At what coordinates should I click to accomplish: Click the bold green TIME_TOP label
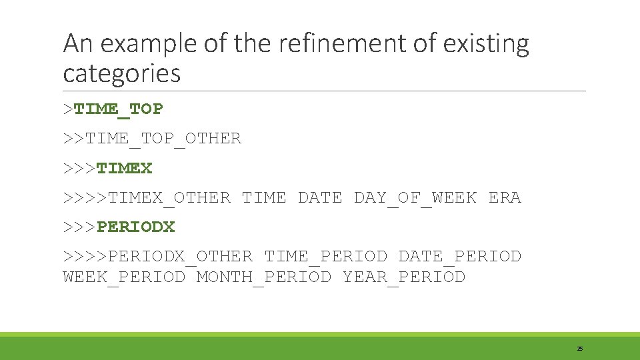pos(119,109)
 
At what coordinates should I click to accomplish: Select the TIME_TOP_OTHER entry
pos(163,139)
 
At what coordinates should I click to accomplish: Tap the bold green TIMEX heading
pos(125,168)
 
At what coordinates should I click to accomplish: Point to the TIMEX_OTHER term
pos(169,197)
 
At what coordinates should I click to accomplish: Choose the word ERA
pos(505,197)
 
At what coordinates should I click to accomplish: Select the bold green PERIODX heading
pos(135,227)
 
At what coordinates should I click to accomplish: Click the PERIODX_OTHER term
pos(180,256)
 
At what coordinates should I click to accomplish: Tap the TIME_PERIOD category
pos(325,256)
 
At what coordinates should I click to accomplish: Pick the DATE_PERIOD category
pos(459,256)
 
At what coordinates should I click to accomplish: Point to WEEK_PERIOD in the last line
pos(124,277)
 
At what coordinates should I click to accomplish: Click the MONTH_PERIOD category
pos(263,277)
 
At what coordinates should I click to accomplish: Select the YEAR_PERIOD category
pos(403,277)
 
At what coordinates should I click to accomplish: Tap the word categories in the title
pos(121,73)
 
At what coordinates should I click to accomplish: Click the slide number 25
pos(579,349)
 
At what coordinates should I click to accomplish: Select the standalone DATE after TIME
pos(320,197)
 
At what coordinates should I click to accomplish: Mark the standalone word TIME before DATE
pos(264,197)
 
